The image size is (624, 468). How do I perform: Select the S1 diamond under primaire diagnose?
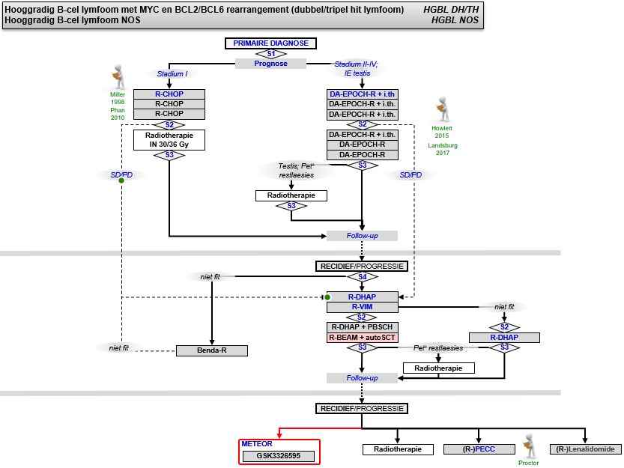(271, 54)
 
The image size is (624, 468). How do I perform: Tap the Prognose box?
(271, 64)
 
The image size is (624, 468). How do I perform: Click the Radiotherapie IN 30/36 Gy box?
(169, 140)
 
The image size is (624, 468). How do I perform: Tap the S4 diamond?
(363, 277)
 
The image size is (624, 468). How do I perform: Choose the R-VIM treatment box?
(363, 306)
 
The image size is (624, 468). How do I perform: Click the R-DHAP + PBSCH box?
(363, 327)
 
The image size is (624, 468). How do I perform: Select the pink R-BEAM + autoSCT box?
(363, 338)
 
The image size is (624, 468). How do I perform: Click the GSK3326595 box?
(279, 455)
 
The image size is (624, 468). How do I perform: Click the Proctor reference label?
(529, 463)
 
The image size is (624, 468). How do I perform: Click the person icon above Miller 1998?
(117, 76)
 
